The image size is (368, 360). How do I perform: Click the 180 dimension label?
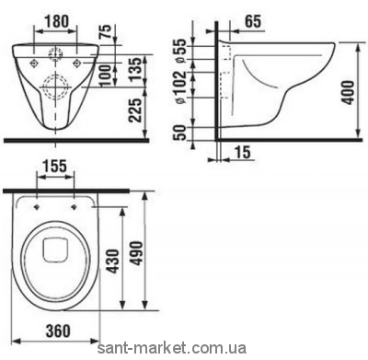pos(57,21)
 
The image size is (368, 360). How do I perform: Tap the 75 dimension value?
pos(106,32)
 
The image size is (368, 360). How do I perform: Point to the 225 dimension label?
pos(136,110)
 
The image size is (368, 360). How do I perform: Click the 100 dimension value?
pos(106,75)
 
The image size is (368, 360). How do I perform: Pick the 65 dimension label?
pos(253,21)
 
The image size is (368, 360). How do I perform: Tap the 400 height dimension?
pos(348,93)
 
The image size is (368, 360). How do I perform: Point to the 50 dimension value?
pos(181,133)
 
